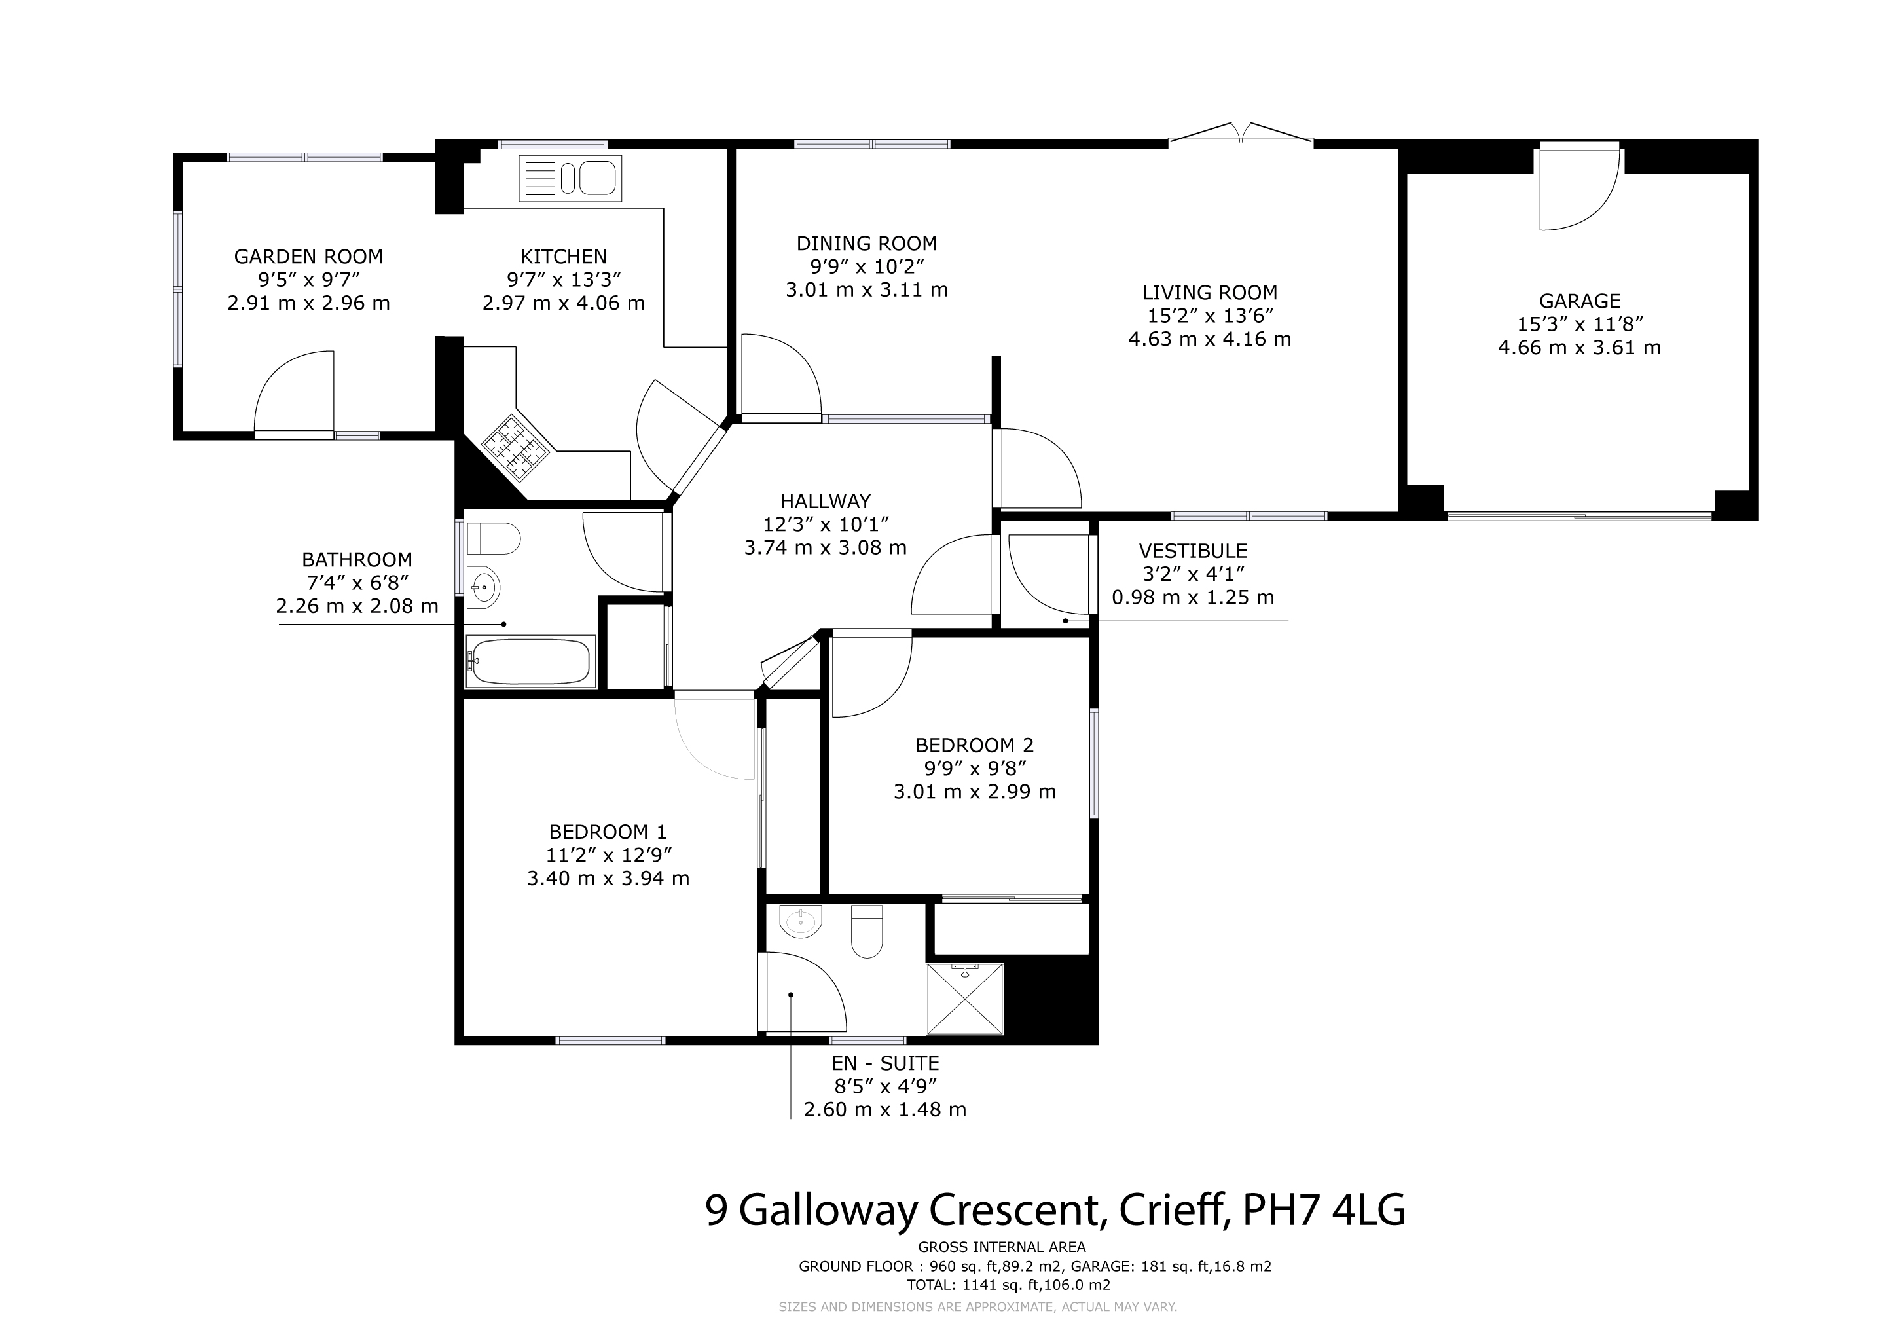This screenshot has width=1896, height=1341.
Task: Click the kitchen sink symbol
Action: click(x=570, y=178)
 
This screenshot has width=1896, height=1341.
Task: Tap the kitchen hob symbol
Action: click(x=516, y=449)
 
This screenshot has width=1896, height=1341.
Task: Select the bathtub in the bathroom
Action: click(x=530, y=661)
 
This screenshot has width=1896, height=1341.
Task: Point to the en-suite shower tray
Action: click(x=964, y=999)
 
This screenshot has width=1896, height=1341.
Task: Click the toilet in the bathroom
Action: click(x=493, y=540)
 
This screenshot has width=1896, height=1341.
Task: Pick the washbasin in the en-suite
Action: click(x=800, y=921)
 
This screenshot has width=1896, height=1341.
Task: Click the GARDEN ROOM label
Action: click(x=308, y=257)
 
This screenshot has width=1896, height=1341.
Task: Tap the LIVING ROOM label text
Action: click(x=1210, y=292)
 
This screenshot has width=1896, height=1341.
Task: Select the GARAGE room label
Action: click(x=1579, y=301)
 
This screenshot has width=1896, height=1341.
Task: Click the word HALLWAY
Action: click(x=825, y=501)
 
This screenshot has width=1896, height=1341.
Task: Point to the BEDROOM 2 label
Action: click(x=974, y=744)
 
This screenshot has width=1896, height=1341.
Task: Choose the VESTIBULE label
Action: click(x=1192, y=551)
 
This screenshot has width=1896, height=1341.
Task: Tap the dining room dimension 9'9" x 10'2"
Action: click(x=866, y=266)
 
